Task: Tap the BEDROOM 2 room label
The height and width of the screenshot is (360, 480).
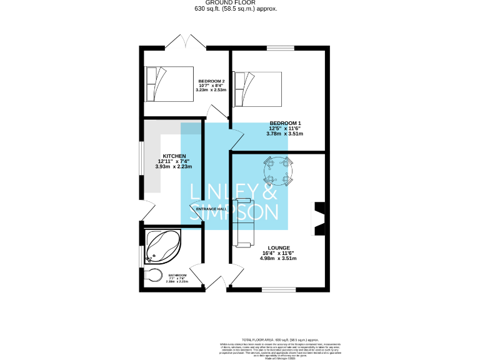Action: [211, 81]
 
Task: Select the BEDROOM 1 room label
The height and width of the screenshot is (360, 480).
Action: [285, 123]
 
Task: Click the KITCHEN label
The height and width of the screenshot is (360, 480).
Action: [174, 156]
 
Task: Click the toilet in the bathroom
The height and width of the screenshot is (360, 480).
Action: [152, 274]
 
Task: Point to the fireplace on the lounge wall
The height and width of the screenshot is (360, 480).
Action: [319, 219]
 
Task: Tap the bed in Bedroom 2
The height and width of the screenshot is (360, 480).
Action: [167, 84]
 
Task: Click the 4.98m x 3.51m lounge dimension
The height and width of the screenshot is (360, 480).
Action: [279, 258]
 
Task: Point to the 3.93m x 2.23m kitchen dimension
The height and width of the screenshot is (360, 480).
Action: [174, 167]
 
